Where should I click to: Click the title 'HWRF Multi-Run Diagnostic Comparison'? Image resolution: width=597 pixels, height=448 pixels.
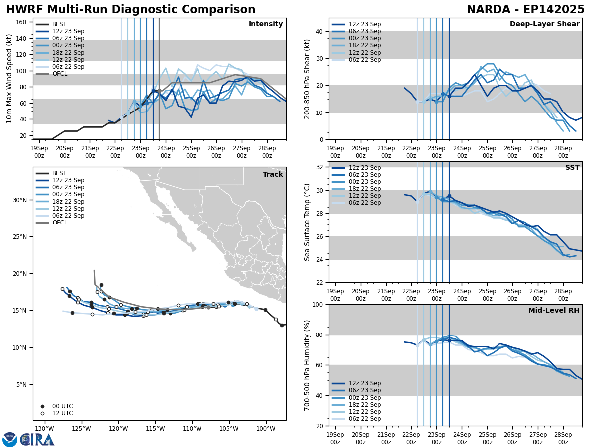pos(130,10)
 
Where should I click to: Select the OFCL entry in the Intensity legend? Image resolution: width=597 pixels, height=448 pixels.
pos(60,74)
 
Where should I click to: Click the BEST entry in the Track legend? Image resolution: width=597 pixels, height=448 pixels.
pos(59,173)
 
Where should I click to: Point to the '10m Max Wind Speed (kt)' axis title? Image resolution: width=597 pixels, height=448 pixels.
pos(9,79)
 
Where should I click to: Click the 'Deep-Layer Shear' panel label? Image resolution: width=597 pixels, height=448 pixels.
pos(544,24)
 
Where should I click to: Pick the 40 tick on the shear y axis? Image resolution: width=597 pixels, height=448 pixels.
pos(320,31)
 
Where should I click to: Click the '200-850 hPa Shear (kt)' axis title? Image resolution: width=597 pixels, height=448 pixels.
pos(307,79)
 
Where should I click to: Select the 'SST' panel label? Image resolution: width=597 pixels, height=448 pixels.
pos(572,168)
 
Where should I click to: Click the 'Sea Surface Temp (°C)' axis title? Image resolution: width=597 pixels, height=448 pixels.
pos(307,222)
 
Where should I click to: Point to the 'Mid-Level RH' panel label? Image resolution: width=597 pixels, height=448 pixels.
pos(554,311)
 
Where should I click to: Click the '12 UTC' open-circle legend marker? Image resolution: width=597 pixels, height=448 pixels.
pos(42,413)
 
